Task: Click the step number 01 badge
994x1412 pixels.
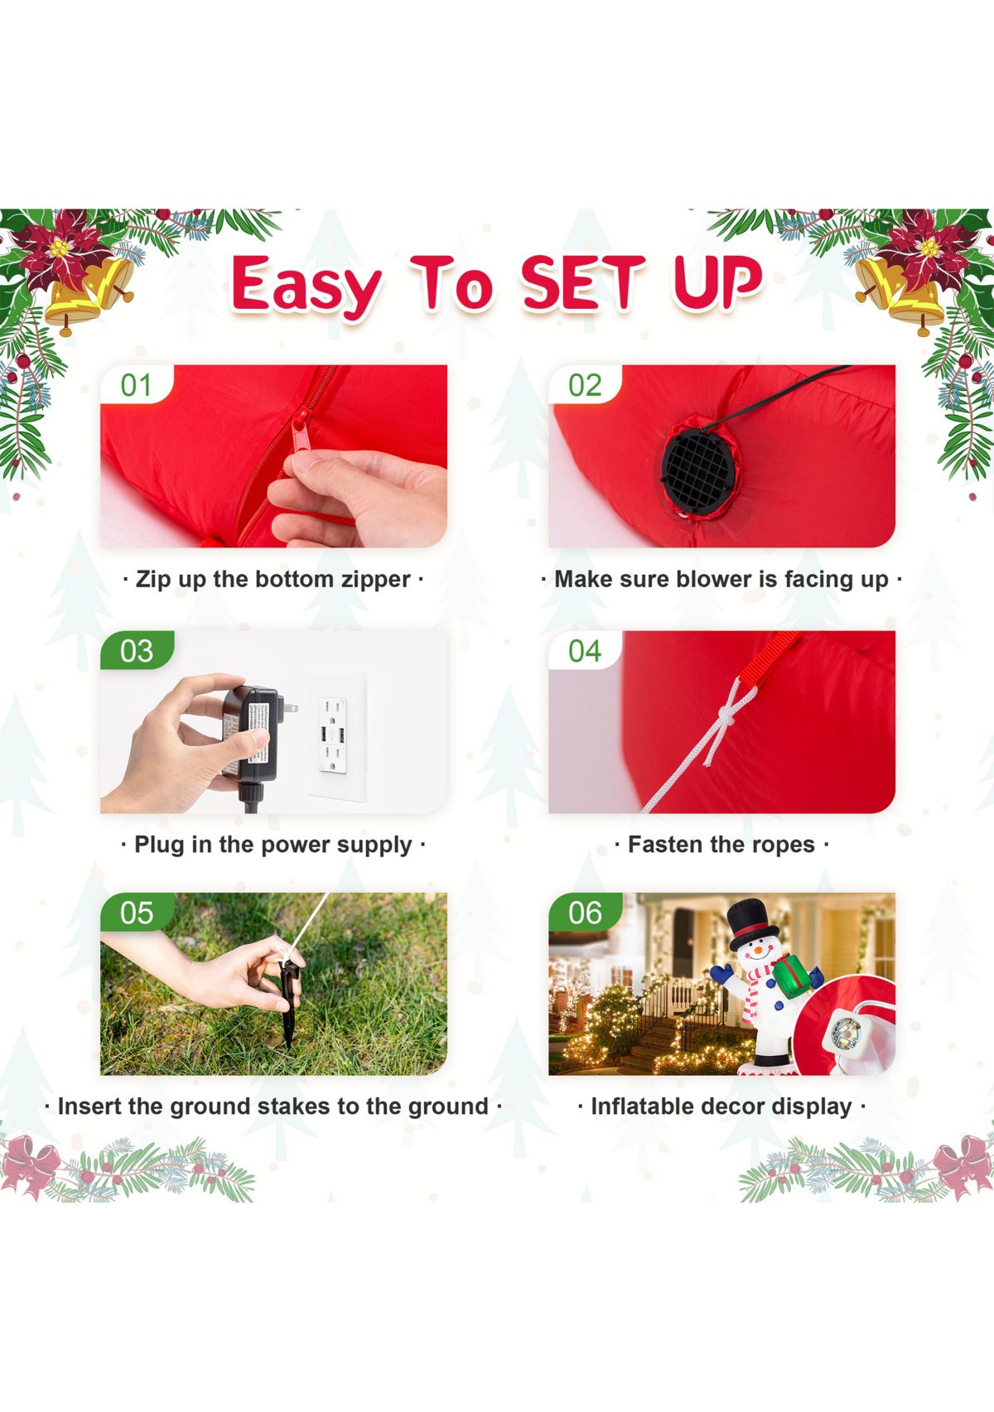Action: click(136, 385)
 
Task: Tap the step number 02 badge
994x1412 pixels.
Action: click(584, 385)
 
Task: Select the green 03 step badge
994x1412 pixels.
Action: click(137, 651)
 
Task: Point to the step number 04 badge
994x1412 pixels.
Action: click(584, 651)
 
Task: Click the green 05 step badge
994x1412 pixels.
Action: click(137, 912)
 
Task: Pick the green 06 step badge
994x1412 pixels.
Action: click(585, 912)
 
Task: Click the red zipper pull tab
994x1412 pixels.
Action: click(300, 429)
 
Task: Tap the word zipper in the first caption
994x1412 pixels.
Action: click(376, 579)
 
